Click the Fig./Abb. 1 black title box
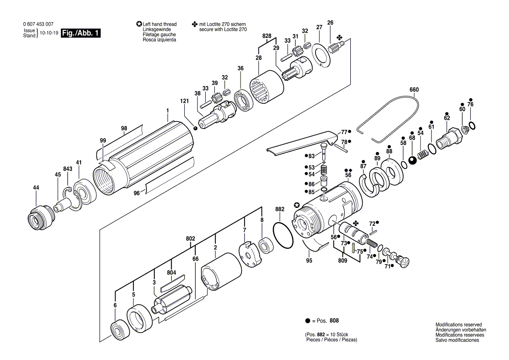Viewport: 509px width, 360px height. click(x=81, y=33)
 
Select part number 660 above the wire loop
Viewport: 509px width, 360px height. click(x=414, y=90)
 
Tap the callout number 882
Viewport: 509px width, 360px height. click(x=280, y=209)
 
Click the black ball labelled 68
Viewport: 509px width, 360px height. click(x=413, y=161)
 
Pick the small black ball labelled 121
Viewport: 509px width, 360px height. click(x=195, y=128)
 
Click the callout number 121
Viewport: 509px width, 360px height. click(x=184, y=101)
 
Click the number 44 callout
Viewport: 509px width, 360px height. click(x=36, y=188)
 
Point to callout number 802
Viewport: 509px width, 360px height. click(x=190, y=238)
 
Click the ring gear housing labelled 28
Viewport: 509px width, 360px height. click(x=267, y=87)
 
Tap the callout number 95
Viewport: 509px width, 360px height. click(x=309, y=260)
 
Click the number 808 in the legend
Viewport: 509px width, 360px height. click(x=334, y=320)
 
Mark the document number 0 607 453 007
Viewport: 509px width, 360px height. click(x=38, y=24)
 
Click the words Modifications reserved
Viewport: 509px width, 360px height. click(x=458, y=325)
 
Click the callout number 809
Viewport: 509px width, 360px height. click(x=343, y=260)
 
